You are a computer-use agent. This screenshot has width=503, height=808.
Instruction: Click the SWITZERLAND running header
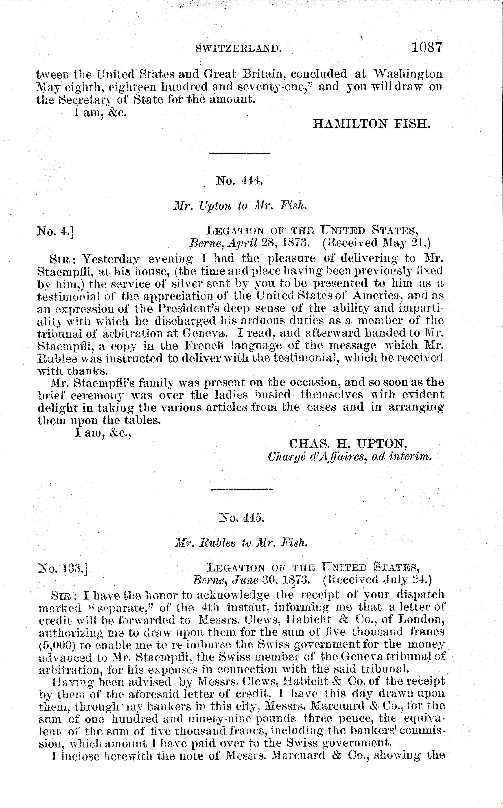click(x=238, y=49)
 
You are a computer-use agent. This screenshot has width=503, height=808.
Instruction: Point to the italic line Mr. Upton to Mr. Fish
click(x=240, y=206)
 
